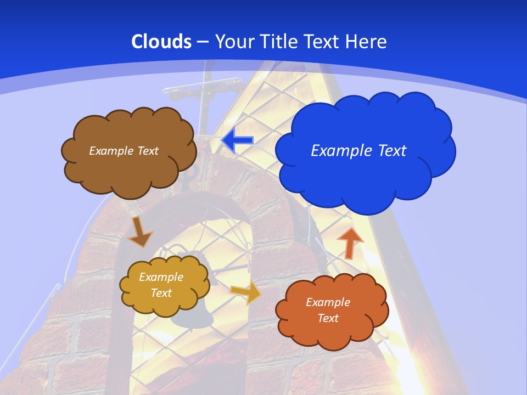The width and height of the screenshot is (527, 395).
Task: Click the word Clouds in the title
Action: point(161,42)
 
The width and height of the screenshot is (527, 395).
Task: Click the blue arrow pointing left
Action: point(237,140)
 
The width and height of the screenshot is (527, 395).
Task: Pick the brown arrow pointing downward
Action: point(139,232)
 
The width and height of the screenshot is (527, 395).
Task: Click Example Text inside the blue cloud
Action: point(358,150)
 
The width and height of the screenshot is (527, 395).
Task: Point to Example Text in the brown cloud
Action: point(124,150)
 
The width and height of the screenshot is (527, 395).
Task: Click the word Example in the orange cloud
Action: point(328,302)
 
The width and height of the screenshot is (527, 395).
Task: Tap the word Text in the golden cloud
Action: point(161,293)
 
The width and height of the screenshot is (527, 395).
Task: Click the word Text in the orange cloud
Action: point(328,318)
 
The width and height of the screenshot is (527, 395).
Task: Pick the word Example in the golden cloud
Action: point(161,277)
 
